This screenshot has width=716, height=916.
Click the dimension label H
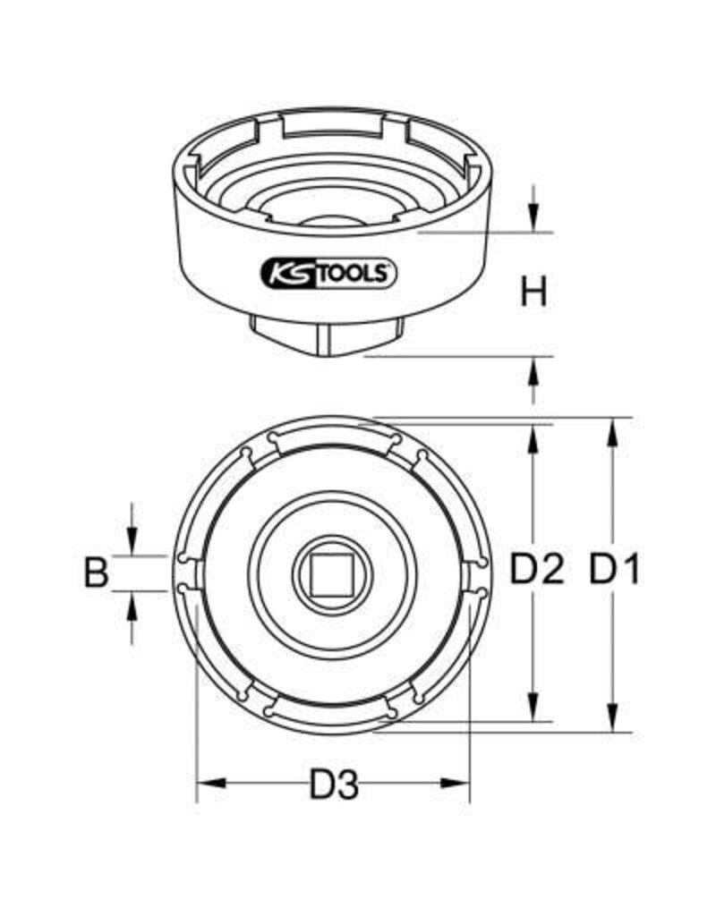(533, 293)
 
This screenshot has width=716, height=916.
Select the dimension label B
(96, 572)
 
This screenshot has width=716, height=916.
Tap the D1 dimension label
(613, 569)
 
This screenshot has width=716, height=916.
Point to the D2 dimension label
(537, 569)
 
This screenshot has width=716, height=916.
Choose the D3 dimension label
(334, 785)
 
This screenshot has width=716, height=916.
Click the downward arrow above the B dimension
(132, 542)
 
